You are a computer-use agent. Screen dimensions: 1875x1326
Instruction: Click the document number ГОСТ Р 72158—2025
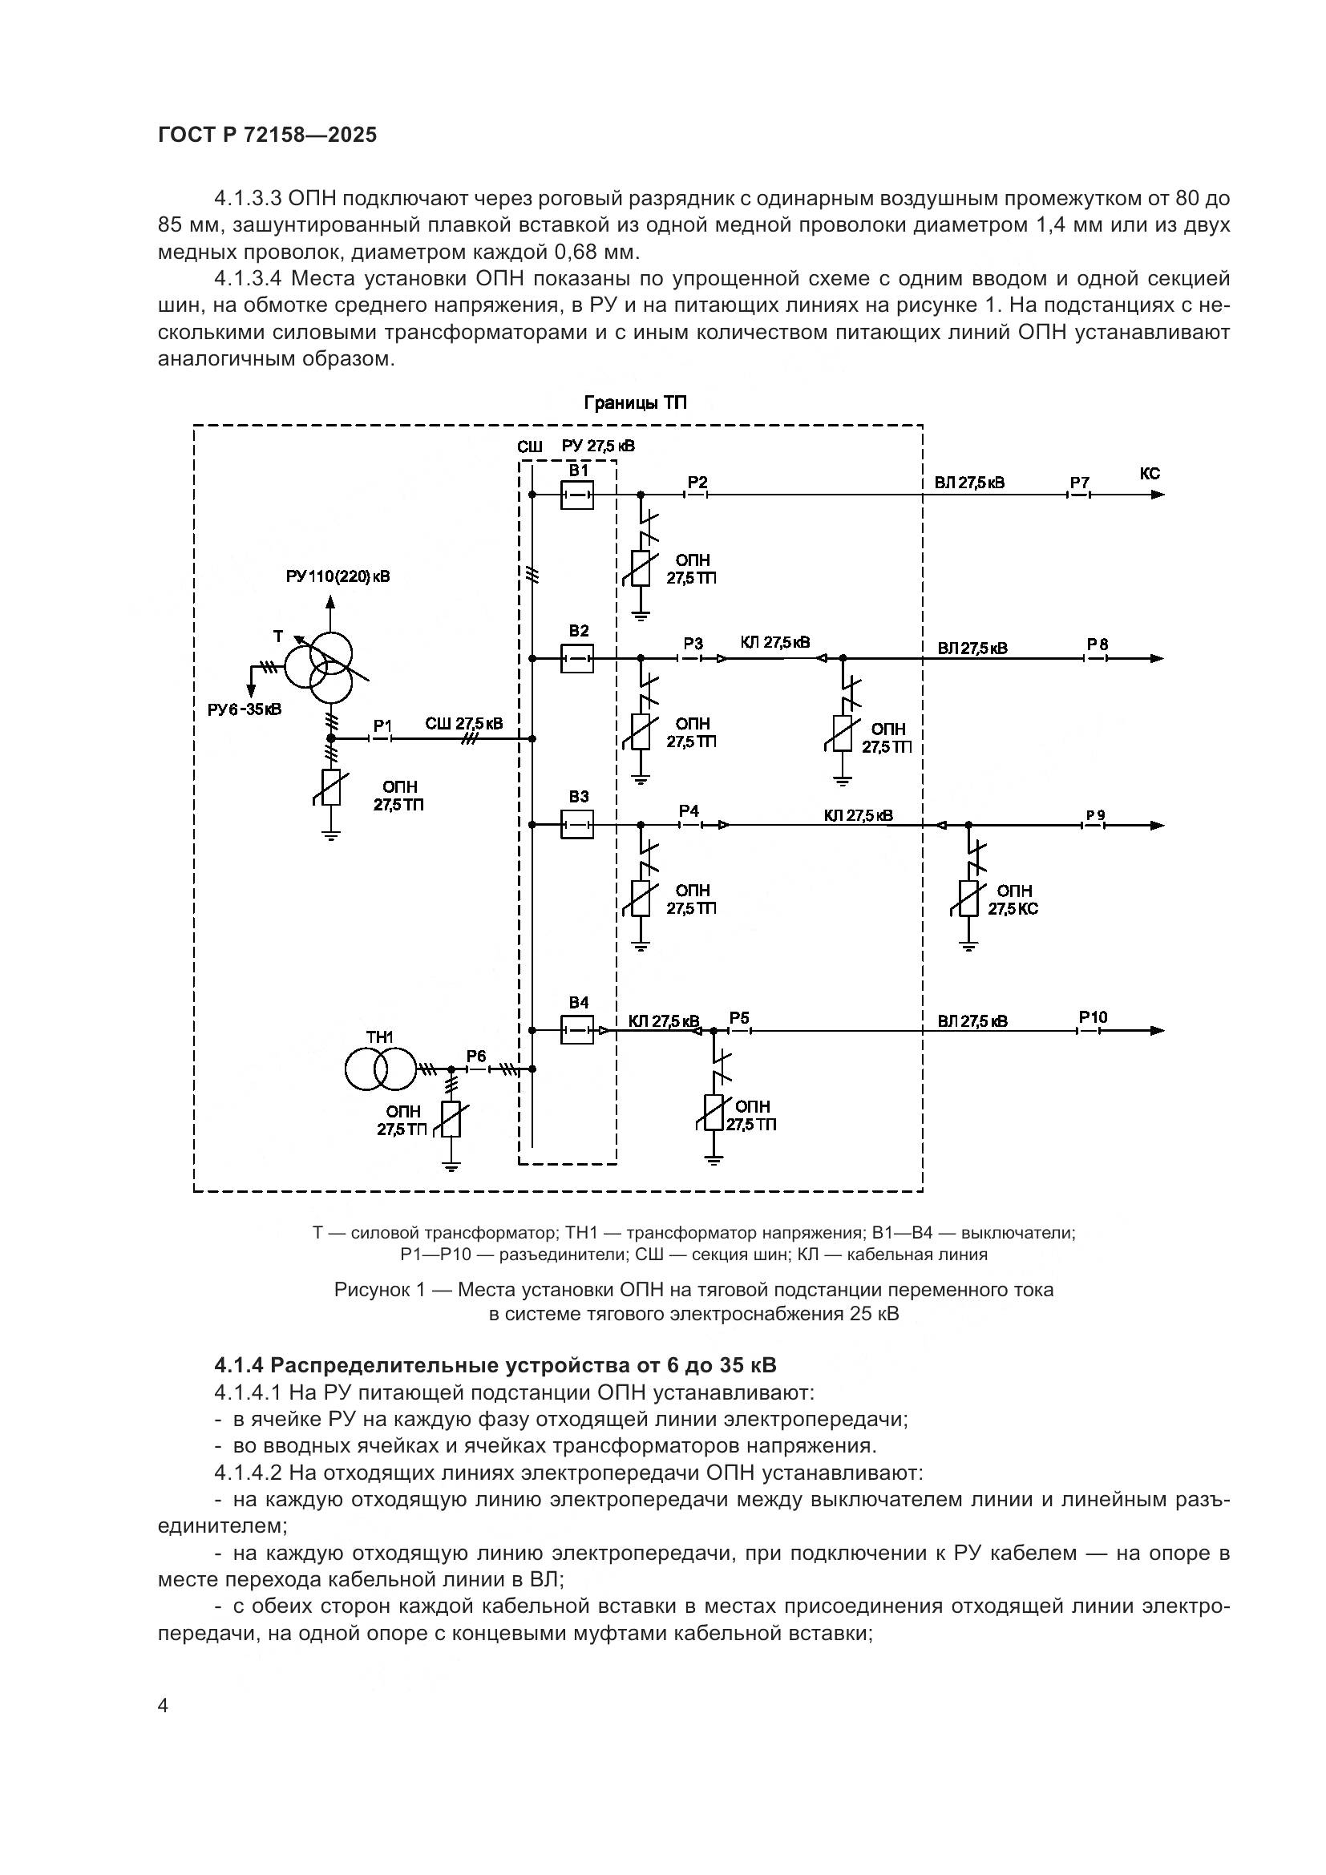267,135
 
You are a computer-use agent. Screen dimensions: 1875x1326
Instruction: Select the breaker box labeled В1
576,495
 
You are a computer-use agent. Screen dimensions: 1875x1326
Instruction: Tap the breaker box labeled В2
576,657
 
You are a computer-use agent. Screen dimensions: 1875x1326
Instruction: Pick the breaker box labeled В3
576,824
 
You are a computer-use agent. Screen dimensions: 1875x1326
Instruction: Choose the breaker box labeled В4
576,1031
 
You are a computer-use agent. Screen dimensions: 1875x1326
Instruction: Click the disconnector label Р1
383,725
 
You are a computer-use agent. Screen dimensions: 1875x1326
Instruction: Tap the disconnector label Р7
1079,483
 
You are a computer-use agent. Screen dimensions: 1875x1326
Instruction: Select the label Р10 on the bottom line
1093,1017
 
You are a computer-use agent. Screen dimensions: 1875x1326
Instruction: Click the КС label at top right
1149,474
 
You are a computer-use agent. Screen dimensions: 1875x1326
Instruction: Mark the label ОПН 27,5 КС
1013,899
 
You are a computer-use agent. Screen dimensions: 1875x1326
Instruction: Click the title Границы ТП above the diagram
635,403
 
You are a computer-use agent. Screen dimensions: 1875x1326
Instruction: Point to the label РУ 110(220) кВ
338,576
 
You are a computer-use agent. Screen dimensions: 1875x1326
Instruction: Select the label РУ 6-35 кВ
245,709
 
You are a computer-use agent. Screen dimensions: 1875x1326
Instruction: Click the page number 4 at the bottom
163,1706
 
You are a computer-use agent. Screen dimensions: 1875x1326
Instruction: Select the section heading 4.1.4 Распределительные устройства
495,1365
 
